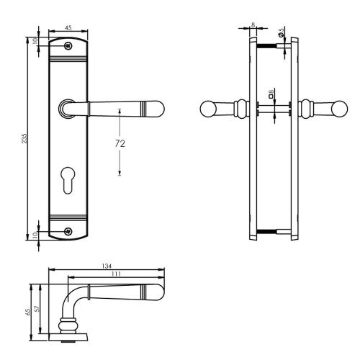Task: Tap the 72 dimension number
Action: click(x=120, y=143)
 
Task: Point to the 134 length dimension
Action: click(x=105, y=266)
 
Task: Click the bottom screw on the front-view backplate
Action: click(x=68, y=231)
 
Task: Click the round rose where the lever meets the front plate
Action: click(x=67, y=109)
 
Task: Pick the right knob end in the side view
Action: click(x=332, y=109)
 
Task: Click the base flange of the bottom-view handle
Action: click(x=68, y=336)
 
